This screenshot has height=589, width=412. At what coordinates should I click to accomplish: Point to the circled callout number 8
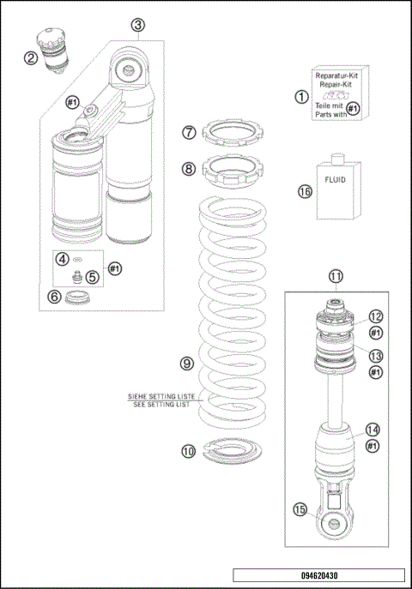(189, 169)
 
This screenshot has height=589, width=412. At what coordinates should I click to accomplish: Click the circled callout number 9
(186, 364)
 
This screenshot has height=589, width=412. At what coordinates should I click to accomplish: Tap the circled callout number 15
(300, 509)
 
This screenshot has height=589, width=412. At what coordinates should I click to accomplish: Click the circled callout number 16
(302, 192)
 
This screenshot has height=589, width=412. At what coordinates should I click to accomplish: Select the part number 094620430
(318, 576)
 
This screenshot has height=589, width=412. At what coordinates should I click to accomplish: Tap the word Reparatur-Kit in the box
(337, 76)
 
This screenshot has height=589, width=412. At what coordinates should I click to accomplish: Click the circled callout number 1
(301, 97)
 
